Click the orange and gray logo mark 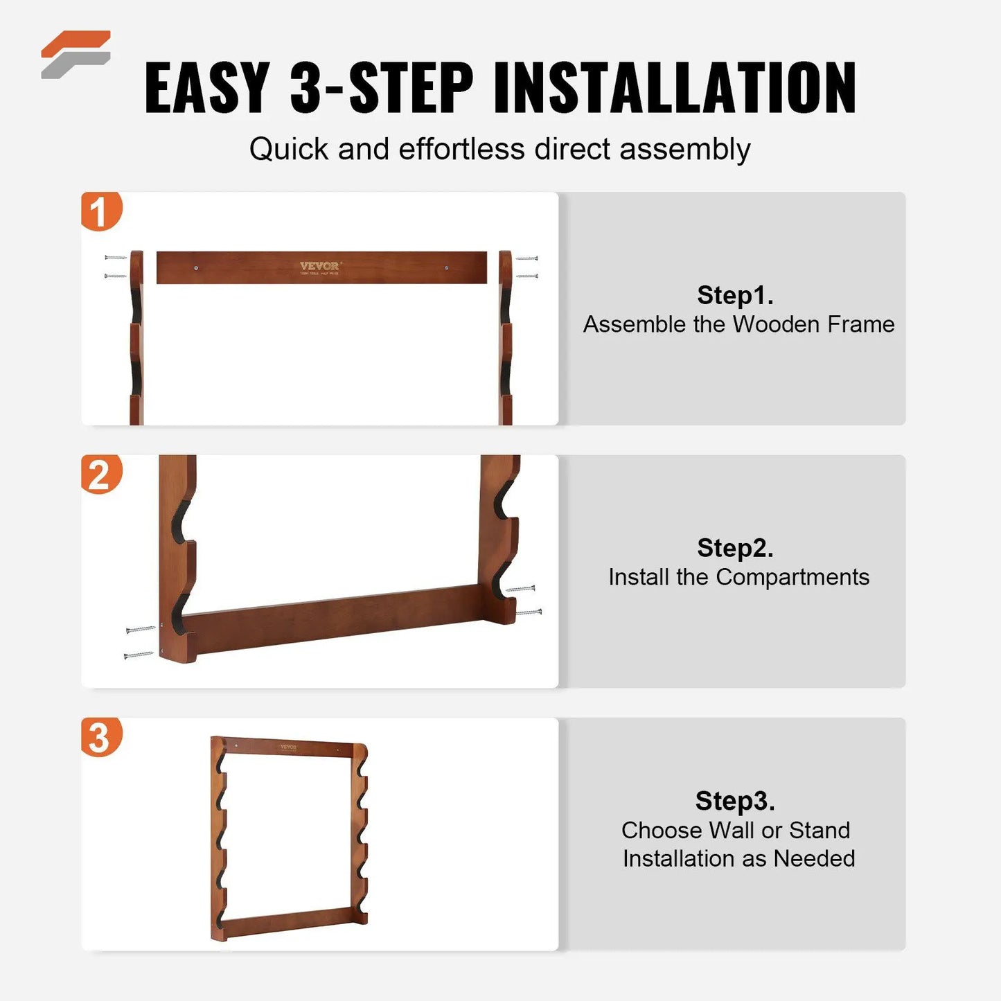click(76, 54)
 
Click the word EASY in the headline click(207, 88)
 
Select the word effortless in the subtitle click(461, 150)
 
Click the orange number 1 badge click(100, 211)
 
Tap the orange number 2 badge click(100, 475)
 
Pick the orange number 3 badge click(100, 737)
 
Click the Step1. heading click(735, 295)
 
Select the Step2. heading click(735, 548)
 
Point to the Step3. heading click(735, 801)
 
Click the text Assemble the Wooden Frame click(738, 324)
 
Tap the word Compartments click(792, 577)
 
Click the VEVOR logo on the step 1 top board click(319, 266)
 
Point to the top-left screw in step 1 click(115, 258)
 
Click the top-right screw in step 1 click(527, 258)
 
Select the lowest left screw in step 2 click(138, 655)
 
